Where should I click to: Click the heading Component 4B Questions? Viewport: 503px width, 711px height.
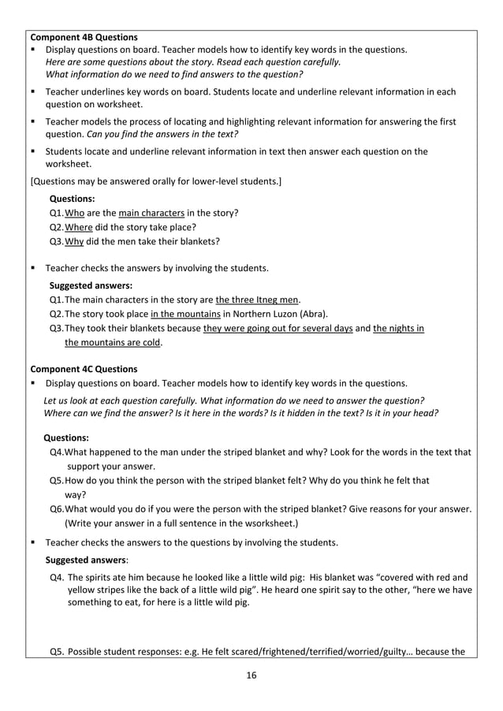point(83,37)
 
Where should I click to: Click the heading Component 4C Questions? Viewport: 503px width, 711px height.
point(83,369)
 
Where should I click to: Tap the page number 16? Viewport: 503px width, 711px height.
point(251,675)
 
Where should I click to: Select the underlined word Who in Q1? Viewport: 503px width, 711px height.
point(74,213)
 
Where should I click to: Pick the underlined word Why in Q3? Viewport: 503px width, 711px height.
point(74,241)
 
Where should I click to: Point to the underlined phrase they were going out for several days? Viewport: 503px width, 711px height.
point(278,328)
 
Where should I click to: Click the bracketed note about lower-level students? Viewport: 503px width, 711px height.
point(155,181)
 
